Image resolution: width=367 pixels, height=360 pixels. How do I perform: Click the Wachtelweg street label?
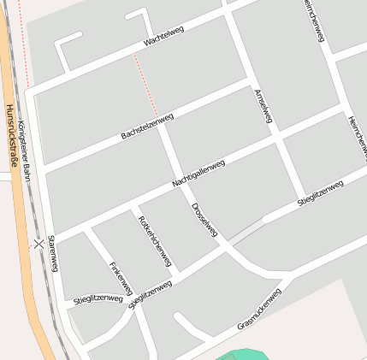tap(163, 35)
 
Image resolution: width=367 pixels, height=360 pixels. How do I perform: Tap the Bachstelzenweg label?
tap(147, 126)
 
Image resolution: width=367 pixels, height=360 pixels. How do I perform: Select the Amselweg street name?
tap(263, 106)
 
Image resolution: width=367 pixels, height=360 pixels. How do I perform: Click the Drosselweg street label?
tap(205, 219)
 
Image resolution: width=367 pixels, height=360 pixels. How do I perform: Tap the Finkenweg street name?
tap(121, 279)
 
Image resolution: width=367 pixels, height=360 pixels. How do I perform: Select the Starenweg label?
tap(53, 253)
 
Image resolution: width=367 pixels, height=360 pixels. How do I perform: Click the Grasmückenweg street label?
tap(259, 309)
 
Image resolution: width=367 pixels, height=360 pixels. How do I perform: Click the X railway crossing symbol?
tap(38, 244)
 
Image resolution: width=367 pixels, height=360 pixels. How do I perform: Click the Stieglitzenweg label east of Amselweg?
tap(320, 192)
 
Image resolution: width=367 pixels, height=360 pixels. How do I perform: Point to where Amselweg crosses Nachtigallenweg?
tap(283, 137)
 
